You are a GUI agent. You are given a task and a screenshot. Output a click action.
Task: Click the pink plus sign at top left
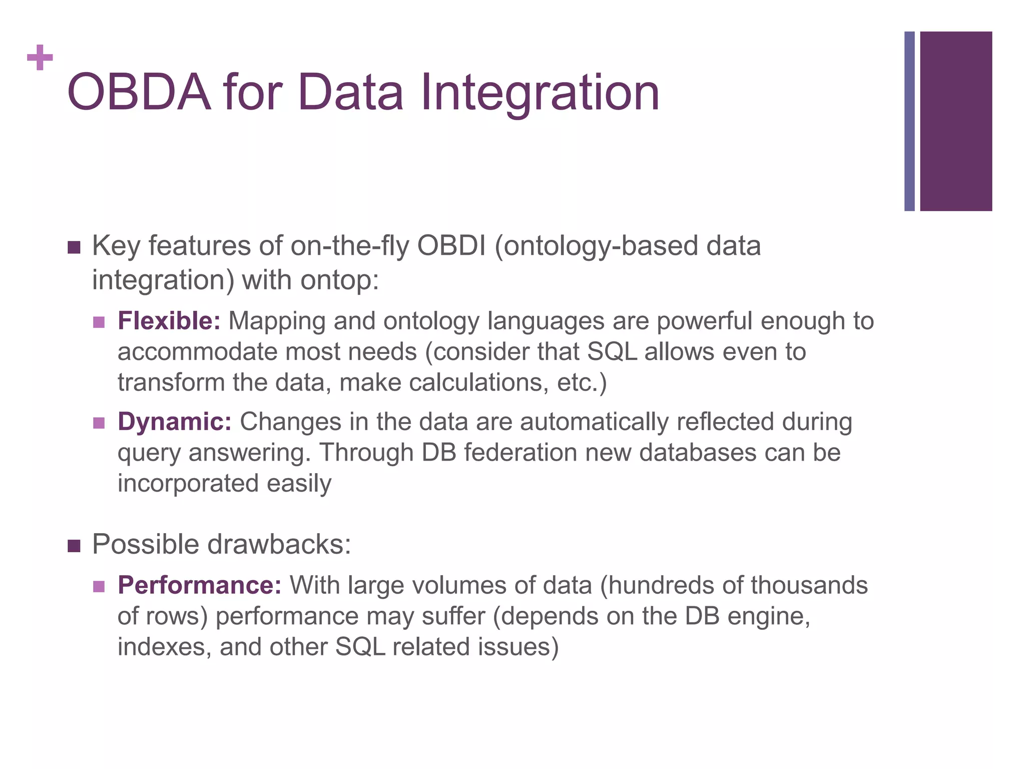40,58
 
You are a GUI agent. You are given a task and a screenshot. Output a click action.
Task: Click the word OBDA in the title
139,93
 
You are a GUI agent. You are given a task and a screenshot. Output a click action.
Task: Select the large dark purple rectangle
955,121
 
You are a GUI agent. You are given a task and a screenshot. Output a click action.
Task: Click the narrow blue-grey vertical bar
909,121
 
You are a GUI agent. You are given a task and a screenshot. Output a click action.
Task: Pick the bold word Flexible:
169,321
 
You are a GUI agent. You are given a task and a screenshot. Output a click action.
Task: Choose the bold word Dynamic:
174,422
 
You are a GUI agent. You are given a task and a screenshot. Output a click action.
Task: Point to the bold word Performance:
199,585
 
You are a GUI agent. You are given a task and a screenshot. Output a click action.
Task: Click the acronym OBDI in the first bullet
451,246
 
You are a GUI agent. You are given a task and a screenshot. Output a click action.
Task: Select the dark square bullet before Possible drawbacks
74,546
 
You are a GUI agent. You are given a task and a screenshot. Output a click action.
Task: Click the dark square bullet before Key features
74,247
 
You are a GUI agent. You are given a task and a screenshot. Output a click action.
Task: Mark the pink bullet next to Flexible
99,322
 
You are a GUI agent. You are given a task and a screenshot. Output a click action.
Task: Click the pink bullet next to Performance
99,586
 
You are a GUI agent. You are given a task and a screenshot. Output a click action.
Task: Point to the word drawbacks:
279,544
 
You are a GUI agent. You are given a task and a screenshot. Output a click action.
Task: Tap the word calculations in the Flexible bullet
478,383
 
